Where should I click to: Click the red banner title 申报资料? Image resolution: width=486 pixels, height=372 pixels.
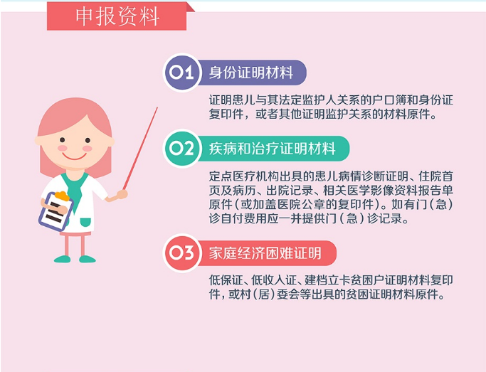(117, 16)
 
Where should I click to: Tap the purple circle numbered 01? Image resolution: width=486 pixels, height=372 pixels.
(182, 73)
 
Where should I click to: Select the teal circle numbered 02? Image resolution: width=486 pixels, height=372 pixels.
(182, 149)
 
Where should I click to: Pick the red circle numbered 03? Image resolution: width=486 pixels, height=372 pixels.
(182, 253)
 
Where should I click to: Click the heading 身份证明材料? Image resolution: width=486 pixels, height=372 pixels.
(251, 73)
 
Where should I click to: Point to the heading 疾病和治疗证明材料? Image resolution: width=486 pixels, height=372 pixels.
(272, 149)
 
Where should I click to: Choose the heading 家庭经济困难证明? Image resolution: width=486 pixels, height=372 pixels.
(265, 253)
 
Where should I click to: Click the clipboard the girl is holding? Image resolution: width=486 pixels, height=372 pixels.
(56, 211)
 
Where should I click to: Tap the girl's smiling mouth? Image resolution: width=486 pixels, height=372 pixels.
(75, 156)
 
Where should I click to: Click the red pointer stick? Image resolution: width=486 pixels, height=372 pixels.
(140, 149)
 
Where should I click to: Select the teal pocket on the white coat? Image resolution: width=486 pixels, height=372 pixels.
(85, 222)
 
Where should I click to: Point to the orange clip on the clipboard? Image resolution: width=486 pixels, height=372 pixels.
(62, 196)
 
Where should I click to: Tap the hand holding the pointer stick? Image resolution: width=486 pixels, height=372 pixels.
(122, 195)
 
